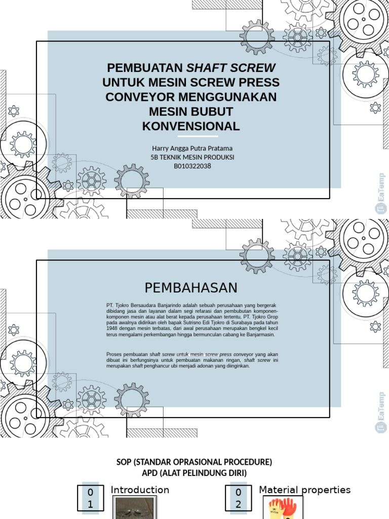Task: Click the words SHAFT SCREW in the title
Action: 231,68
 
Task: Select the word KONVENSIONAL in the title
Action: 191,126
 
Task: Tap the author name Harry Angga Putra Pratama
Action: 192,149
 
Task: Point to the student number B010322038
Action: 192,166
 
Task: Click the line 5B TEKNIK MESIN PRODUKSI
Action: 192,157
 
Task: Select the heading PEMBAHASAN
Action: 191,288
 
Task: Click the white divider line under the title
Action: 198,136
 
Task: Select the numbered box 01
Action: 90,498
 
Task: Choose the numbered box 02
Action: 238,498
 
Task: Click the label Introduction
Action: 140,490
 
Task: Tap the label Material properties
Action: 304,490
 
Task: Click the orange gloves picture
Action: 283,508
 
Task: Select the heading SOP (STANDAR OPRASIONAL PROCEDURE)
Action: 194,462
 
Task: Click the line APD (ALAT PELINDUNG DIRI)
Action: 194,473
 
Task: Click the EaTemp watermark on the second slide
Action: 381,412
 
